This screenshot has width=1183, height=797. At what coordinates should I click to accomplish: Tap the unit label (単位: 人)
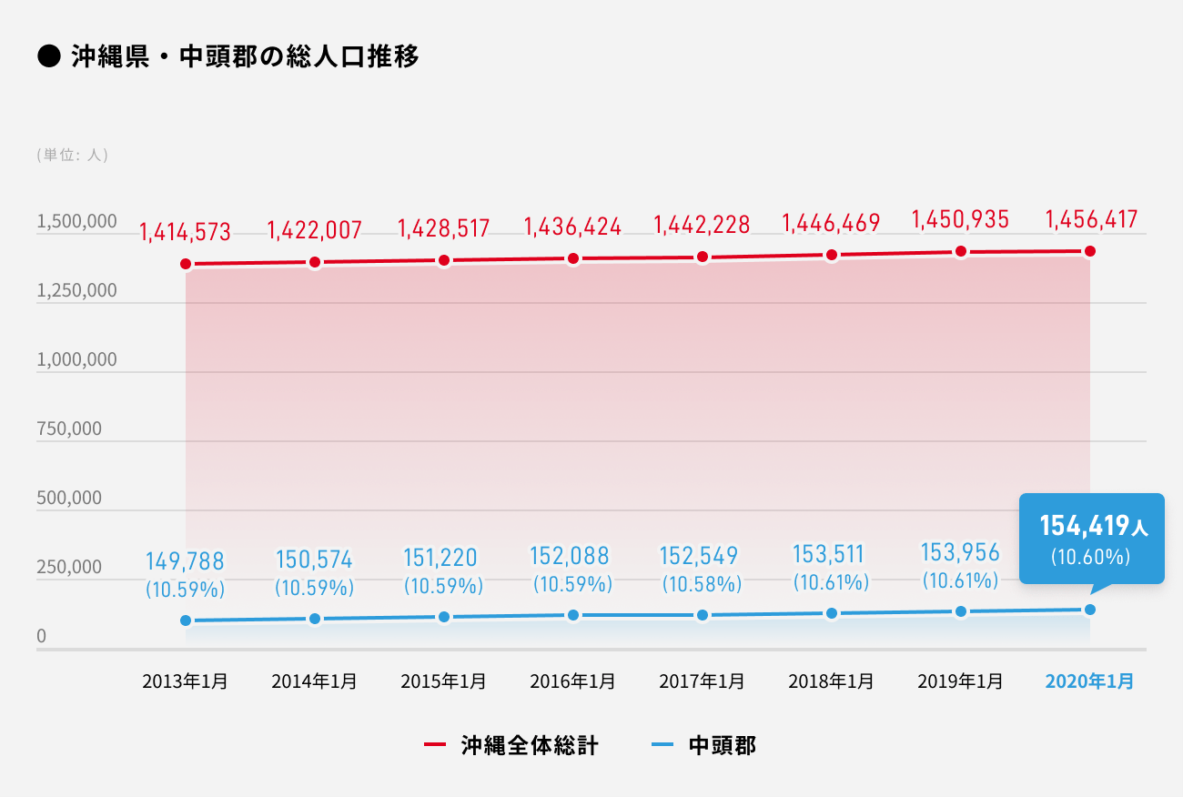[x=73, y=155]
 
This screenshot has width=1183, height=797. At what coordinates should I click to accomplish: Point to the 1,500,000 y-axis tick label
[x=76, y=222]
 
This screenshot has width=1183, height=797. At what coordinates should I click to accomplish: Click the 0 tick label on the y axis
[x=41, y=637]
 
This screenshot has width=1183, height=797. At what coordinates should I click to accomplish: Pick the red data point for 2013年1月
[x=186, y=264]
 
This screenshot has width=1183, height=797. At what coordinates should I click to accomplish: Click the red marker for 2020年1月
[x=1090, y=251]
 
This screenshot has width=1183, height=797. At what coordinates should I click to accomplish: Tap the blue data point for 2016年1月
[x=573, y=615]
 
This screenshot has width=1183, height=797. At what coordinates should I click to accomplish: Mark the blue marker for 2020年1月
[x=1090, y=610]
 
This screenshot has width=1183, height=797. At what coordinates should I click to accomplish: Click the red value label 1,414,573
[x=186, y=232]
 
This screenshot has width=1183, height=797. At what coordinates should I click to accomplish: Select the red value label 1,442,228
[x=703, y=225]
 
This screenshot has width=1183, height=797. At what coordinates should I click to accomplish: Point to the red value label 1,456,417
[x=1091, y=220]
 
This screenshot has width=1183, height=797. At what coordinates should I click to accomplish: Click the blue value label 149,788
[x=186, y=560]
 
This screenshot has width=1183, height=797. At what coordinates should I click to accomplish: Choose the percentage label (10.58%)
[x=702, y=581]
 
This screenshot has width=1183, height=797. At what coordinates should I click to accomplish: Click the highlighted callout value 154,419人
[x=1090, y=525]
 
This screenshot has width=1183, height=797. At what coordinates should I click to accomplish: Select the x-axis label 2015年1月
[x=444, y=681]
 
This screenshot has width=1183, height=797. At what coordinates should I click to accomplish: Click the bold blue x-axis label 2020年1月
[x=1090, y=681]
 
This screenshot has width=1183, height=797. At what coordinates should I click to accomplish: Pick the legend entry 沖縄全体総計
[x=529, y=746]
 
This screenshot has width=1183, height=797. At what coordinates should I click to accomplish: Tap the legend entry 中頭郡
[x=722, y=746]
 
